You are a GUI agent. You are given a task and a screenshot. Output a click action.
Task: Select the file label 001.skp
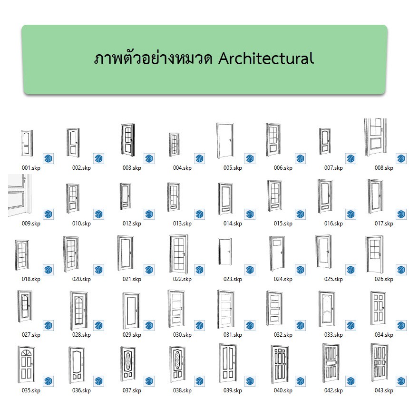coord(31,168)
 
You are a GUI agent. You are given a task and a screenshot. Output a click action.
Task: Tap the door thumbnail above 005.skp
coord(224,140)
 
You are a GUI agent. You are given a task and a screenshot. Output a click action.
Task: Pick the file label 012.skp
coord(132,224)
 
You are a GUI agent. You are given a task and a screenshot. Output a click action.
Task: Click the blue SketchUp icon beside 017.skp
coord(401,214)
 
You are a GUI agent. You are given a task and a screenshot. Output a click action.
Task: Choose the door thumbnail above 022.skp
coord(178,254)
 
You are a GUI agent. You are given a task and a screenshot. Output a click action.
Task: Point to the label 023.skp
coord(233,279)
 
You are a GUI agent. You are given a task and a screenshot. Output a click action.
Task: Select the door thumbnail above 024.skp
coord(276,253)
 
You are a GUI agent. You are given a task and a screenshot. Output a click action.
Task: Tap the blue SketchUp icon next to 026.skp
coord(401,270)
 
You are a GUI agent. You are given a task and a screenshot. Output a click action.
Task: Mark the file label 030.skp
coord(182,335)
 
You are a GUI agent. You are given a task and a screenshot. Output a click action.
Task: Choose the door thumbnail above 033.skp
coord(327,309)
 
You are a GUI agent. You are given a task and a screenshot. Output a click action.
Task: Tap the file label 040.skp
coord(283,390)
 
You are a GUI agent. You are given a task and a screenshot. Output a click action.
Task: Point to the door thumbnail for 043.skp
coord(379,364)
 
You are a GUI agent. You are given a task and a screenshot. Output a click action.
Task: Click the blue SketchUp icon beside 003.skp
coord(149,158)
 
